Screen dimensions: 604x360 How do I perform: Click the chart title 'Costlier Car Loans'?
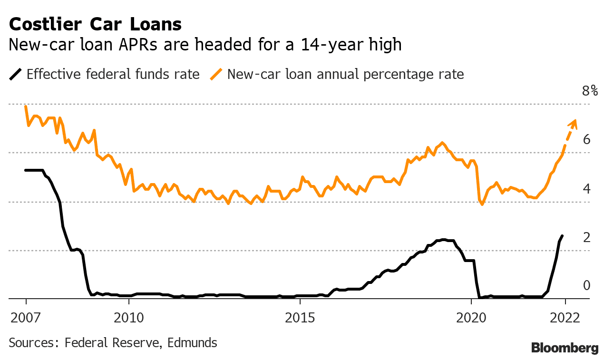[95, 24]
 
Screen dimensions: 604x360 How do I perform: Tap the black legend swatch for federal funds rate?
[15, 74]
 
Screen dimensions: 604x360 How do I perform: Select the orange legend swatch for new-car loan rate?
[216, 74]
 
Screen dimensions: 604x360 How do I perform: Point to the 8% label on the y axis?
[590, 91]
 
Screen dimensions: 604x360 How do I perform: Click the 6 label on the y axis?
[586, 139]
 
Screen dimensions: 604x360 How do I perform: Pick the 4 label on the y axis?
[586, 188]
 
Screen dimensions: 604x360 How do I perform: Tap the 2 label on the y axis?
[586, 237]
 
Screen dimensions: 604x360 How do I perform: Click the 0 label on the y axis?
[586, 285]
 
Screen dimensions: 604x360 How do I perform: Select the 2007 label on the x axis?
[25, 318]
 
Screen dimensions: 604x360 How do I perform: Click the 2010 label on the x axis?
[128, 318]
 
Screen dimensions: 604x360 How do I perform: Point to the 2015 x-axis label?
[300, 318]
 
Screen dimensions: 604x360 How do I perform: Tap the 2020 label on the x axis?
[471, 318]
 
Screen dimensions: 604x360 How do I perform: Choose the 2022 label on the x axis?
[565, 318]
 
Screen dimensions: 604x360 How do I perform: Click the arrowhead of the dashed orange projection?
[573, 124]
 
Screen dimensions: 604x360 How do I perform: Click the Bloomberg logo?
[565, 348]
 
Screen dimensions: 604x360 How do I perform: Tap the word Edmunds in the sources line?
[192, 343]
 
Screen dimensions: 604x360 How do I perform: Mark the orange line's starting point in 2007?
[26, 106]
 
